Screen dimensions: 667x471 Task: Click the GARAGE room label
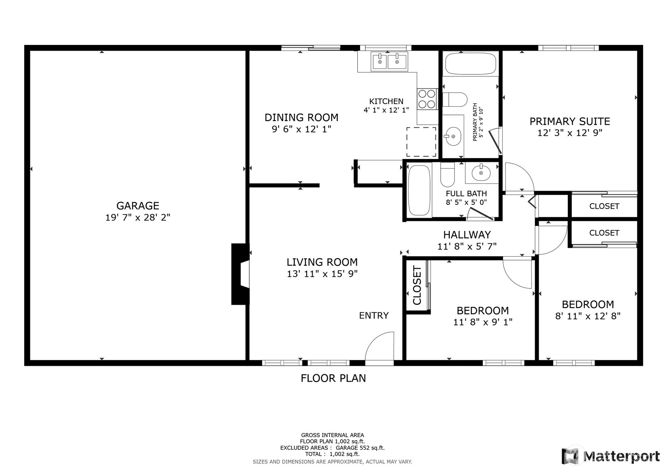click(138, 206)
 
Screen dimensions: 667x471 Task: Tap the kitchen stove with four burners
click(427, 99)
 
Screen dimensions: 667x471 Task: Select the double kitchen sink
click(389, 61)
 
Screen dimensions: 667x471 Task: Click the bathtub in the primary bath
click(471, 64)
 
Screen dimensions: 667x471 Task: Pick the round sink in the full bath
click(481, 172)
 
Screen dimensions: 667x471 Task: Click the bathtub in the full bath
click(419, 191)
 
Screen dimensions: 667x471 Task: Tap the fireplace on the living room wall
click(240, 274)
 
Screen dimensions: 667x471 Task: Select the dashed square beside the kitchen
click(421, 142)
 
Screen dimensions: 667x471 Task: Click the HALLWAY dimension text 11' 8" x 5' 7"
click(467, 246)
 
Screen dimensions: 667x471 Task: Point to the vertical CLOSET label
click(417, 285)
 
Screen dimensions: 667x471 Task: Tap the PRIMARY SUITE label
click(570, 121)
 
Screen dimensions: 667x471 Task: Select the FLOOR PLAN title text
click(333, 378)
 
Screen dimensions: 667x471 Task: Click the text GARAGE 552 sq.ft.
click(360, 448)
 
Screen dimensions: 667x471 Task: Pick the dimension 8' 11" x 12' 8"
click(588, 316)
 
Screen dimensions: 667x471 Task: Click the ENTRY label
click(374, 315)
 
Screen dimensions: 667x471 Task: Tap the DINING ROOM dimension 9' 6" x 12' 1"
click(301, 129)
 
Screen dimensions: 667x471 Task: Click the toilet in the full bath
click(447, 175)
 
